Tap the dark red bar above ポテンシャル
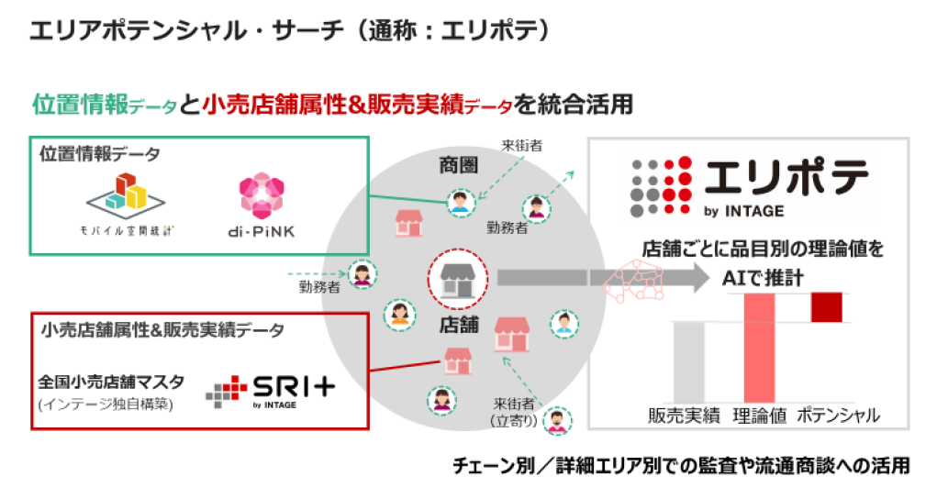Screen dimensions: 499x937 tap(826, 308)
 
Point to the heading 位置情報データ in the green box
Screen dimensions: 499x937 tap(99, 154)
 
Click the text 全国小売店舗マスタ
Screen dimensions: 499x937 tap(111, 381)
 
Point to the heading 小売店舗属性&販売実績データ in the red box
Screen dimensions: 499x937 tap(162, 328)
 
